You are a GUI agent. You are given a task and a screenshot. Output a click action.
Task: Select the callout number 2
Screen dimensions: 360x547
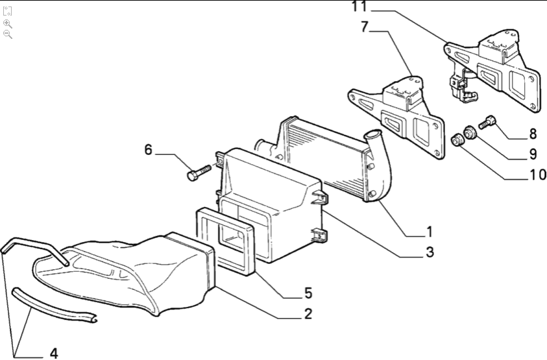click(308, 315)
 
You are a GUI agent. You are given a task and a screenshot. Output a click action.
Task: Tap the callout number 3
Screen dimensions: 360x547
click(429, 252)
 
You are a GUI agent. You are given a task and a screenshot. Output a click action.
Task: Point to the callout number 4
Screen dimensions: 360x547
click(54, 354)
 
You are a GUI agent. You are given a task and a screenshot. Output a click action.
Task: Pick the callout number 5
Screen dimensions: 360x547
click(308, 293)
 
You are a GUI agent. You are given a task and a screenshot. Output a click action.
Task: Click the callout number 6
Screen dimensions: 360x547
click(148, 150)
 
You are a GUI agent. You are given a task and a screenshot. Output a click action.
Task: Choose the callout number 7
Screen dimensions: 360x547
click(364, 27)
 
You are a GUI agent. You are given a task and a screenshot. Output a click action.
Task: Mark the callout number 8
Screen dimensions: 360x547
click(533, 134)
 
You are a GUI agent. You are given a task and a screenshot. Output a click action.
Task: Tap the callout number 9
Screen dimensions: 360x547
click(533, 154)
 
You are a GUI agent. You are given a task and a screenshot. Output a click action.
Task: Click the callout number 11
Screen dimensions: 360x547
click(359, 7)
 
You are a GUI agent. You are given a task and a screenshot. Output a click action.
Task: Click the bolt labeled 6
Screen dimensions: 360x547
click(198, 173)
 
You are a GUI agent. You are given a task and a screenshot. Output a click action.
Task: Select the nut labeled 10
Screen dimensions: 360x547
click(459, 139)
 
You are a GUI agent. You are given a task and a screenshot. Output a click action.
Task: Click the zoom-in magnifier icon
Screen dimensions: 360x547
click(7, 23)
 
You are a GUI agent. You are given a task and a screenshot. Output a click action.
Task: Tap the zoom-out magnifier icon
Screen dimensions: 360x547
click(7, 34)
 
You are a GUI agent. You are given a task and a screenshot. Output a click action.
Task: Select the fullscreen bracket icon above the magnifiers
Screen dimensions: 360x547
click(7, 11)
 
